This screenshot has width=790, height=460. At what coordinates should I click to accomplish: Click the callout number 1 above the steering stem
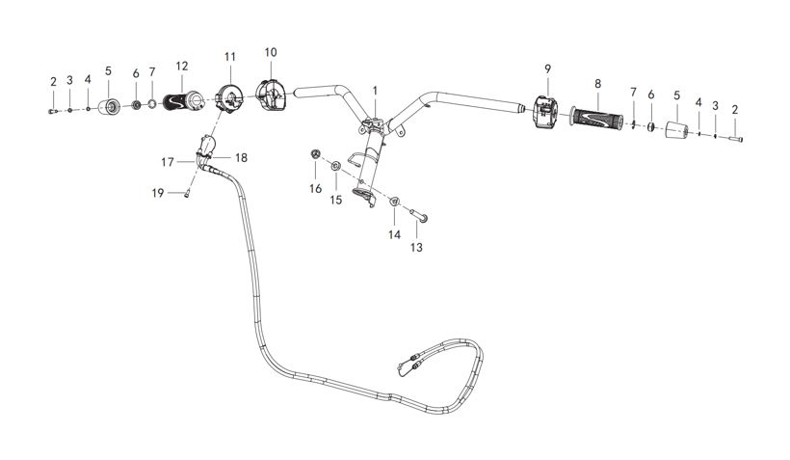point(375,91)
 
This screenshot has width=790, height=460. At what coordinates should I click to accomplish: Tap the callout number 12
point(182,67)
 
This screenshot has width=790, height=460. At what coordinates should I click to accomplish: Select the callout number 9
point(547,68)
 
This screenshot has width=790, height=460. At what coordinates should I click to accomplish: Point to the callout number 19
point(158,193)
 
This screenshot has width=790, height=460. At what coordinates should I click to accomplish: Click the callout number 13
point(416,248)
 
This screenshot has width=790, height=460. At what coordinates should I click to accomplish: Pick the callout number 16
point(315,189)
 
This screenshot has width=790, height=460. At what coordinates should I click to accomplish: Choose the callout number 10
point(271,52)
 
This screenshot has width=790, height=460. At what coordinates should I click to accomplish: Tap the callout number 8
point(598,84)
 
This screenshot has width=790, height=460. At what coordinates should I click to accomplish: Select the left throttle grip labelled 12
point(182,101)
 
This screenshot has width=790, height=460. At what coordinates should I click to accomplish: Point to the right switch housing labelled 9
point(544,112)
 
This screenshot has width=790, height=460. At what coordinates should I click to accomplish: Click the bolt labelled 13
point(419,216)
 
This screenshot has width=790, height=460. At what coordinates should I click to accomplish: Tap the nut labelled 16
point(315,153)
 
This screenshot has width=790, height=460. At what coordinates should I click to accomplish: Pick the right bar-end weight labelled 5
point(676,129)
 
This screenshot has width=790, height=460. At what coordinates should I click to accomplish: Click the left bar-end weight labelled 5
point(109,107)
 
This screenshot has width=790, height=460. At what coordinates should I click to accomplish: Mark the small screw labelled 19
point(186,193)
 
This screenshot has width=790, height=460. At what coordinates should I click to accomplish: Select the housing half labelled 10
point(271,95)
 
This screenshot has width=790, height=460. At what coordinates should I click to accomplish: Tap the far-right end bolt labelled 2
point(736,139)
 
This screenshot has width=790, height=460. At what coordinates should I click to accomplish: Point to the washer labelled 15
point(335,166)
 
